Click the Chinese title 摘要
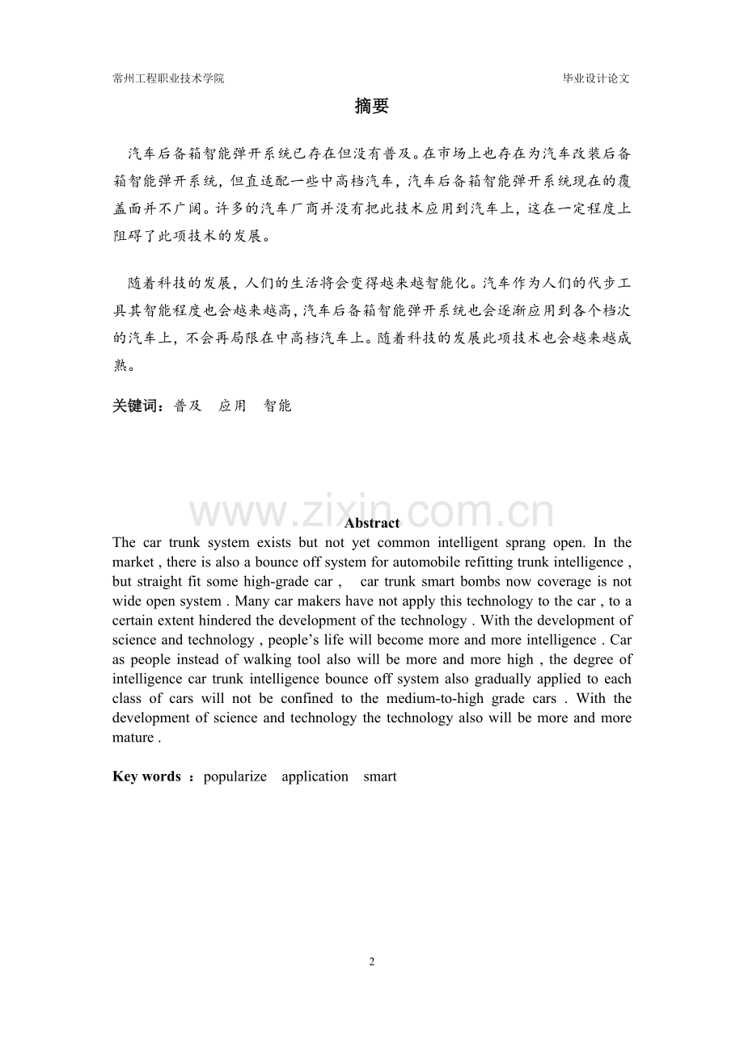[x=372, y=107]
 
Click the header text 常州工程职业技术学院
[x=168, y=78]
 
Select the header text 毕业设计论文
[x=596, y=78]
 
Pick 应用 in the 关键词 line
[x=232, y=406]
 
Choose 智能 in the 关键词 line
[x=277, y=406]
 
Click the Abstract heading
[x=372, y=523]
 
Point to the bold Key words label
[x=146, y=776]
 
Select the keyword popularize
[x=235, y=776]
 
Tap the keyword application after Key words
[x=315, y=776]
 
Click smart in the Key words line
[x=380, y=776]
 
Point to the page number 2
[x=372, y=962]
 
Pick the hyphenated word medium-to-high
[x=433, y=698]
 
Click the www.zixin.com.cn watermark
[x=372, y=512]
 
